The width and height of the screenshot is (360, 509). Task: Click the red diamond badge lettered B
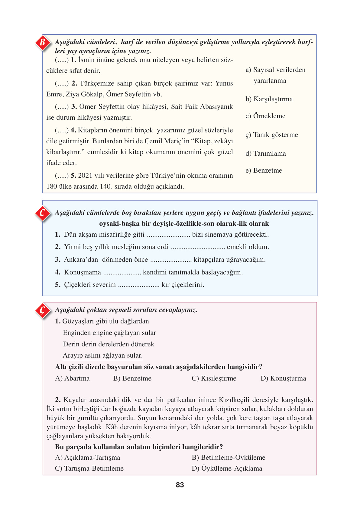[42, 42]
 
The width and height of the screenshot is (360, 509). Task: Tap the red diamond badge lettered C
[42, 213]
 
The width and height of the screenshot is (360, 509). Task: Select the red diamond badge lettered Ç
[42, 310]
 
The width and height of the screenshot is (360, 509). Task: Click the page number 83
[180, 485]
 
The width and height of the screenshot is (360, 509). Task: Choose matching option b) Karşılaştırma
[269, 99]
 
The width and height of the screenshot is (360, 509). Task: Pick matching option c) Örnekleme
[265, 116]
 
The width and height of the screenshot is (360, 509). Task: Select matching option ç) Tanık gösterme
[272, 135]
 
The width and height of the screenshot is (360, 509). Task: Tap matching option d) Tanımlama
[266, 154]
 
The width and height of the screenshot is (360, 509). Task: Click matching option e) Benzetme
[264, 170]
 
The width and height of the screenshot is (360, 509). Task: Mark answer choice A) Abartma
[73, 378]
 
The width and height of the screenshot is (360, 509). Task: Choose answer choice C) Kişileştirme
[214, 378]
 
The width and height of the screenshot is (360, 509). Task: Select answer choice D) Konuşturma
[283, 378]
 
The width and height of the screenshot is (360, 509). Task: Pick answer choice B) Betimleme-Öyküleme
[229, 458]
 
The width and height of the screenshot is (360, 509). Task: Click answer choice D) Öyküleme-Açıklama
[227, 468]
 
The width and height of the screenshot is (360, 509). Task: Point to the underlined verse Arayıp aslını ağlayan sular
[103, 355]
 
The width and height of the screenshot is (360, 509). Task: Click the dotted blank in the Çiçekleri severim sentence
[139, 285]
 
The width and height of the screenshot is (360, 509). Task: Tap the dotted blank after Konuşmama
[122, 273]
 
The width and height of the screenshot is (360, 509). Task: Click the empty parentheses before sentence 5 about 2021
[62, 176]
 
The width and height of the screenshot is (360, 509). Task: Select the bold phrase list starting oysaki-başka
[184, 224]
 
